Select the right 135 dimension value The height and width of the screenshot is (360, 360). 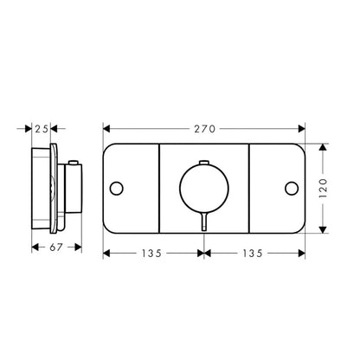tap(254, 254)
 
